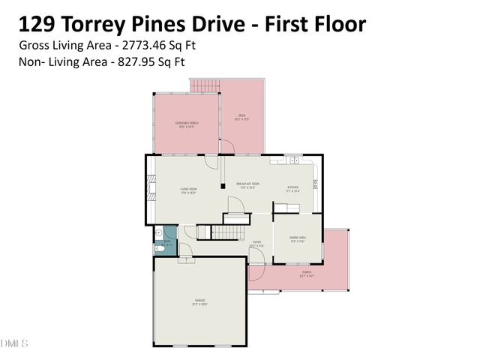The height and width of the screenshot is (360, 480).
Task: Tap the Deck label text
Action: pyautogui.click(x=242, y=116)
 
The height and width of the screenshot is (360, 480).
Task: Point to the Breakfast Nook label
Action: pyautogui.click(x=247, y=186)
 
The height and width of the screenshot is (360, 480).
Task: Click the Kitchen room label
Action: pyautogui.click(x=293, y=189)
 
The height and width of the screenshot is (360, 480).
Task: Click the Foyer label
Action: pyautogui.click(x=256, y=243)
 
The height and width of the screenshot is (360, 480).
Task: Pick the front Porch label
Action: pyautogui.click(x=306, y=274)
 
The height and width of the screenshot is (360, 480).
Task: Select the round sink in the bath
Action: pyautogui.click(x=160, y=234)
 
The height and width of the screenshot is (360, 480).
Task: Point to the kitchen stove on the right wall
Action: pyautogui.click(x=316, y=184)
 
